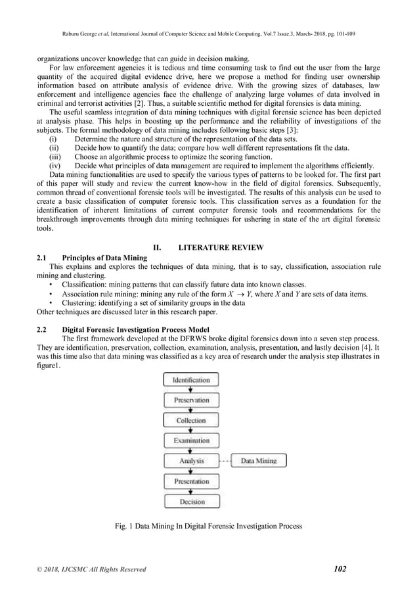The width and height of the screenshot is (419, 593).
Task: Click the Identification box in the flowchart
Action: (x=191, y=380)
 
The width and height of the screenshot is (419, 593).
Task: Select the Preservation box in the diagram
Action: (x=191, y=400)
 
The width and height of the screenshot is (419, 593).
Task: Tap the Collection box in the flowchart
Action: (x=191, y=421)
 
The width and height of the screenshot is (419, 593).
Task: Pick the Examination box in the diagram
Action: (x=191, y=440)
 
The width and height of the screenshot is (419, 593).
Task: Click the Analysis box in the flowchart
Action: (x=191, y=462)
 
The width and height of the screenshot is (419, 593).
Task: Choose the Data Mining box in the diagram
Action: (x=258, y=462)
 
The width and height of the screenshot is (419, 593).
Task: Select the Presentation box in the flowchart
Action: (x=191, y=482)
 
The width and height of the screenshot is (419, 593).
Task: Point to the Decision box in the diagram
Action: (x=191, y=502)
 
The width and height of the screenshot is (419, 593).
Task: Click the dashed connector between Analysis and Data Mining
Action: (x=225, y=462)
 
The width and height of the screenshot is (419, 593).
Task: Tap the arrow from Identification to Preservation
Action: (x=191, y=390)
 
